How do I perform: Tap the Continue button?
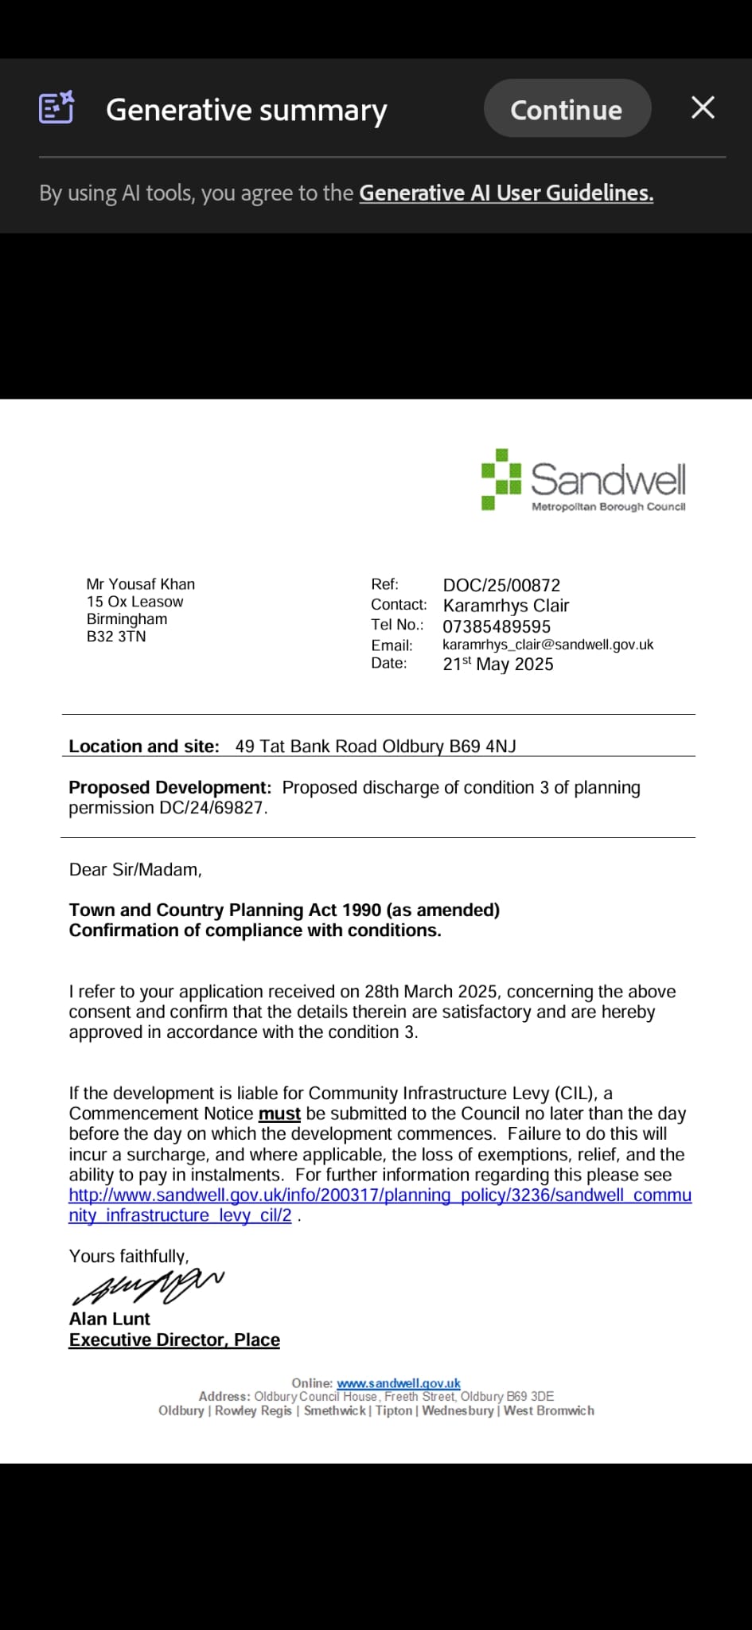(x=567, y=109)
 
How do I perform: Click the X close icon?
(x=703, y=107)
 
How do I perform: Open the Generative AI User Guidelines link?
(x=506, y=193)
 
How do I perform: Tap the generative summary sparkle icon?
(x=56, y=107)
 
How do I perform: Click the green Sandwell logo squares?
(x=501, y=479)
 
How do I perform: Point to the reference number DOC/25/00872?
(x=501, y=585)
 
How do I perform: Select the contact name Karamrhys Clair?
(x=506, y=606)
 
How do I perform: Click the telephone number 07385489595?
(x=497, y=626)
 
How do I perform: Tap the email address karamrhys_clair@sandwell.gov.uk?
(x=547, y=645)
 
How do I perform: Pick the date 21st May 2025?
(x=498, y=664)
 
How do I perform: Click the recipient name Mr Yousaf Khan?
(x=141, y=584)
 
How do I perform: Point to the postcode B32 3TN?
(x=116, y=637)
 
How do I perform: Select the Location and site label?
(x=144, y=747)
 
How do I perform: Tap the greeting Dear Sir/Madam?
(x=135, y=870)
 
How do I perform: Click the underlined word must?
(x=279, y=1114)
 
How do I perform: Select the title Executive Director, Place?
(x=174, y=1340)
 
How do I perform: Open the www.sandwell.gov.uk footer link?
(x=398, y=1383)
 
